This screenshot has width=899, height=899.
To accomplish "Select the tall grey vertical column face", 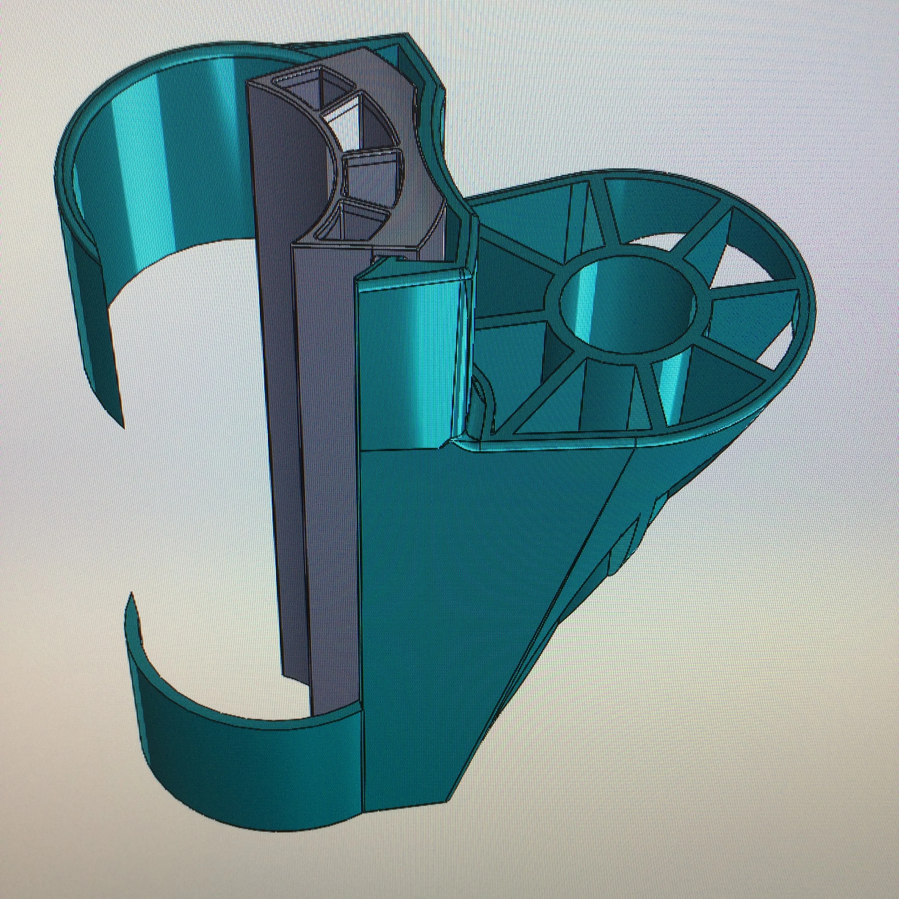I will click(275, 465).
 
